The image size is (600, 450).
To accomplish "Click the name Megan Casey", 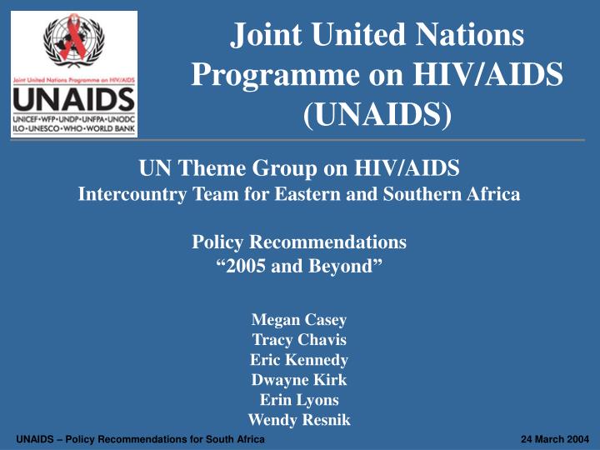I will point(299,319).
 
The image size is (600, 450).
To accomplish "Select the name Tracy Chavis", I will point(299,339).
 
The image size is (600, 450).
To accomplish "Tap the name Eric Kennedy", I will point(299,360).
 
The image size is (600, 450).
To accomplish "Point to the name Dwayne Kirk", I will point(299,380).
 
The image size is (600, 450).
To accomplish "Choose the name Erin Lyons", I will point(299,400).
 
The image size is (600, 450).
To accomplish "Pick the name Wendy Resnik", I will point(299,420).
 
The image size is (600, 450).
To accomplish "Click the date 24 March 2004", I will point(548,439).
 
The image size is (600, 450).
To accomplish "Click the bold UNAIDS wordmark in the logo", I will point(72,101).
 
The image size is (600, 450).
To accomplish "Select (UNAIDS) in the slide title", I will point(377,115).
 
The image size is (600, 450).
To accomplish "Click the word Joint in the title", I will point(265,36).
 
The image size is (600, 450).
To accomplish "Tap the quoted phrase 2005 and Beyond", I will point(299,267).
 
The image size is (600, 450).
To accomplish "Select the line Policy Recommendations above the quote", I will point(299,242).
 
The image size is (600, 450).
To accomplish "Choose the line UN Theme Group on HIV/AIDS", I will point(299,170).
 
